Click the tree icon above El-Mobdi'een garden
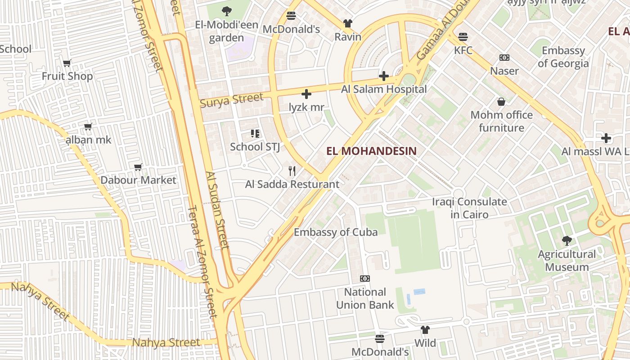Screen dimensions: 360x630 227,11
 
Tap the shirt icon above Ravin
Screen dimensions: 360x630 347,23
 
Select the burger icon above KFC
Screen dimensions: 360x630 463,37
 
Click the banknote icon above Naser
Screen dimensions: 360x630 504,58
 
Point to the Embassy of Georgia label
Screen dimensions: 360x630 563,57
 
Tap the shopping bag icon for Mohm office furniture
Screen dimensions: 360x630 501,102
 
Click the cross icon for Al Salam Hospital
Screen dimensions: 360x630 384,76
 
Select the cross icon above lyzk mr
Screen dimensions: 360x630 306,94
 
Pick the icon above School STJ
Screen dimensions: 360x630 255,133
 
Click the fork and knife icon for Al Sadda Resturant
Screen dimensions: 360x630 292,171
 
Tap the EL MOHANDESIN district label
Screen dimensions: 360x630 371,151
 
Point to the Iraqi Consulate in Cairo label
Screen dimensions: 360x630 469,208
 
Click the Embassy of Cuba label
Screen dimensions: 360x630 336,232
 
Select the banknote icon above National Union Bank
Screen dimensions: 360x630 365,279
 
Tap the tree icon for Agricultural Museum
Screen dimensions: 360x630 567,241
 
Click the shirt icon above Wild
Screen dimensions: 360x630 425,330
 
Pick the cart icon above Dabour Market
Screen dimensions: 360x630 138,167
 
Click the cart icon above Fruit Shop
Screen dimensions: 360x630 67,63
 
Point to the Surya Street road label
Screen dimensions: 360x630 231,100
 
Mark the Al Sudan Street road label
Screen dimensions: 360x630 218,210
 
